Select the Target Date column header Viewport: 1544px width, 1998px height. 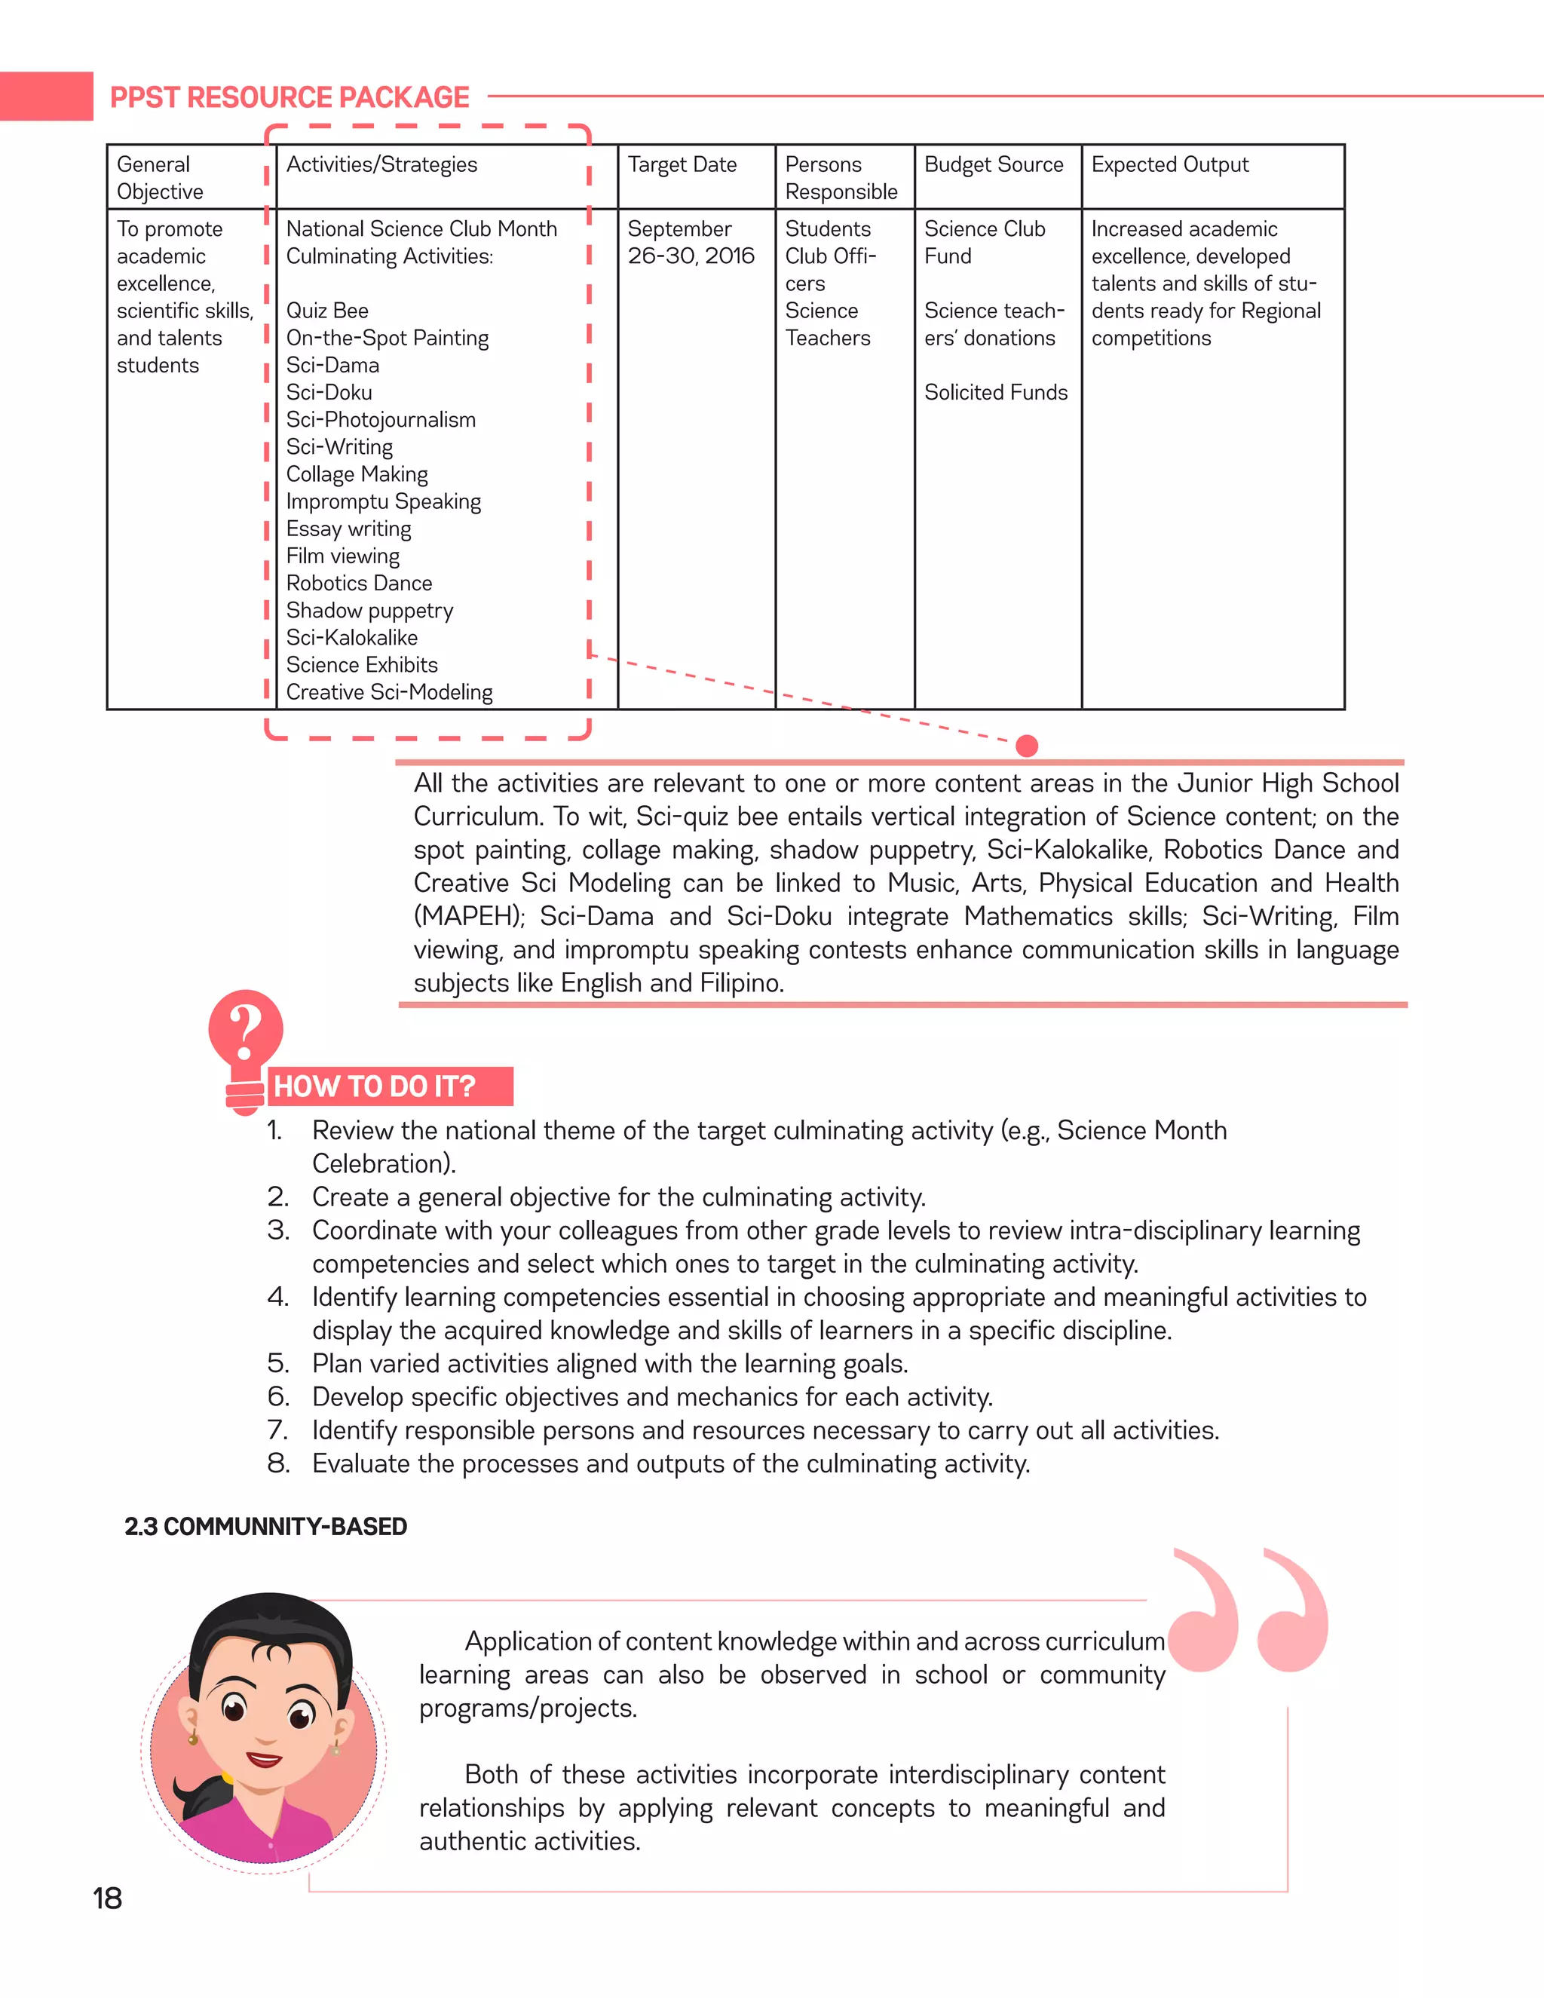682,164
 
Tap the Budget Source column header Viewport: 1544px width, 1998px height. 994,164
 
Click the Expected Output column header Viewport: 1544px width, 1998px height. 1169,164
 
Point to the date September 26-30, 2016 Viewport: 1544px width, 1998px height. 690,243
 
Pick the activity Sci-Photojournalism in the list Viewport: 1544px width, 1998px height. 381,420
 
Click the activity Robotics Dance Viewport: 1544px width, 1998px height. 359,584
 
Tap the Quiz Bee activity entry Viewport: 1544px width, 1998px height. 326,311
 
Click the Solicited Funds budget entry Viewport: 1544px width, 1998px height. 995,393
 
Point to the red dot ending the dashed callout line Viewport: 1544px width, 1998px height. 1028,746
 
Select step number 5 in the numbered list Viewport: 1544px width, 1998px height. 278,1364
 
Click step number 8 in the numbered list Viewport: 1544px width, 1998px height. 278,1463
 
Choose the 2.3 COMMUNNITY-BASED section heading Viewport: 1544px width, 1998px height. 265,1527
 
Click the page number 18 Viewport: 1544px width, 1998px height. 107,1898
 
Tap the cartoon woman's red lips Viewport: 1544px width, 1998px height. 265,1759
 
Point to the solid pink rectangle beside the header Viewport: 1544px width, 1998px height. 46,96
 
